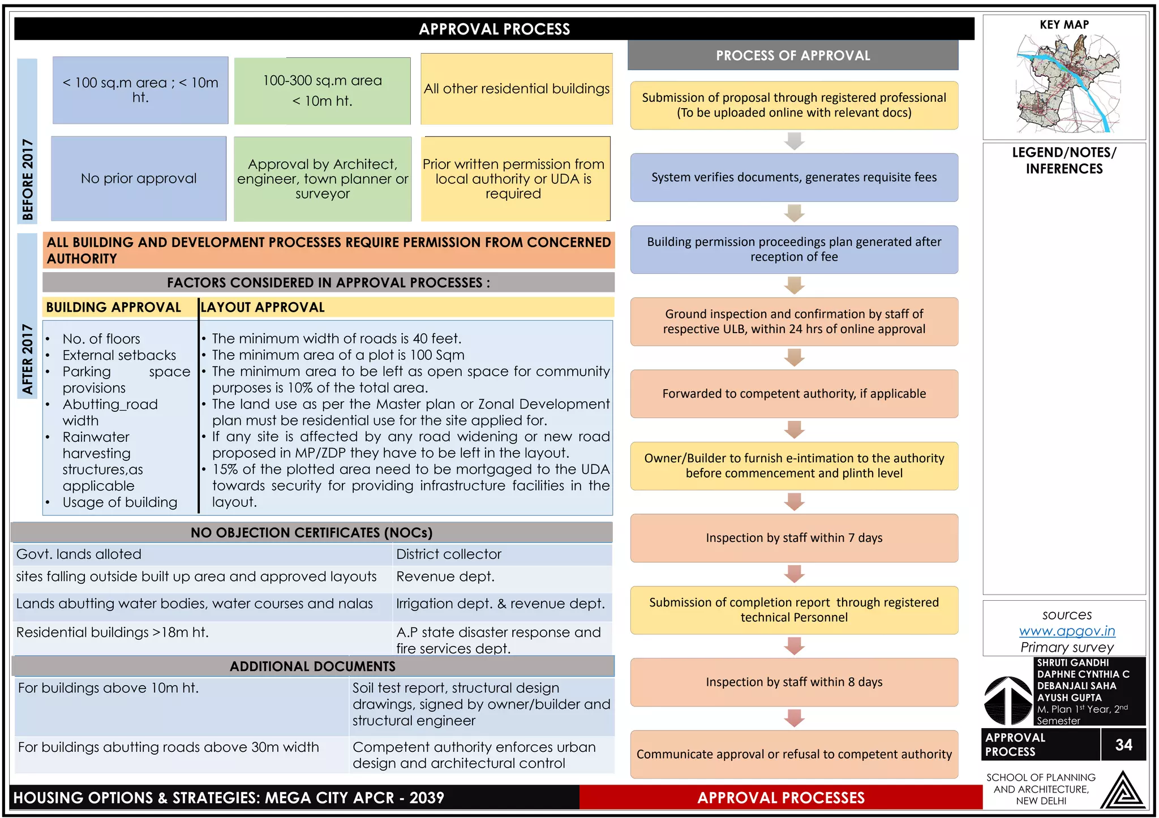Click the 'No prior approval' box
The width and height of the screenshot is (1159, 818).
pyautogui.click(x=139, y=178)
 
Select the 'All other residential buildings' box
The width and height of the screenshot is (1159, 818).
pyautogui.click(x=516, y=89)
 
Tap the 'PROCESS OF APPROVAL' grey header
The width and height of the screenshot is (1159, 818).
pyautogui.click(x=793, y=55)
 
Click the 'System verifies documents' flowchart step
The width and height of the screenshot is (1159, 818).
pyautogui.click(x=794, y=177)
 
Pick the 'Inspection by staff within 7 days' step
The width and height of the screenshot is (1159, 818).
pyautogui.click(x=794, y=537)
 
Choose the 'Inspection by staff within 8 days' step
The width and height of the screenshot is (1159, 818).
pyautogui.click(x=794, y=682)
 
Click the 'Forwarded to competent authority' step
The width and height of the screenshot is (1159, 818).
pyautogui.click(x=794, y=394)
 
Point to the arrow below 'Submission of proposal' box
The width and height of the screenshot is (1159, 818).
pyautogui.click(x=795, y=141)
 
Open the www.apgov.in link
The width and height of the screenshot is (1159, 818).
pyautogui.click(x=1067, y=631)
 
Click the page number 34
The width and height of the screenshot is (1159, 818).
pyautogui.click(x=1123, y=744)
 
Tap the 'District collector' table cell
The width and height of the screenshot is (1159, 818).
pyautogui.click(x=449, y=554)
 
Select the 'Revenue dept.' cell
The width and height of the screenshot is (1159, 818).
pyautogui.click(x=445, y=576)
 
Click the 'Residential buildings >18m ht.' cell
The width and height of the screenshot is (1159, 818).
pyautogui.click(x=113, y=632)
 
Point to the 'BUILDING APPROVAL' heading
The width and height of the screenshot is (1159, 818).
pyautogui.click(x=114, y=307)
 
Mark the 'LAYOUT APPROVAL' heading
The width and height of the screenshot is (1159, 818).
pyautogui.click(x=263, y=307)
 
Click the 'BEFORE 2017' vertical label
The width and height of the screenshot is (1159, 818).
pyautogui.click(x=28, y=179)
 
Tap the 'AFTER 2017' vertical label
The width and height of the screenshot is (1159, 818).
pyautogui.click(x=28, y=359)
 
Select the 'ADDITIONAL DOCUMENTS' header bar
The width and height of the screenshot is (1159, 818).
pyautogui.click(x=312, y=666)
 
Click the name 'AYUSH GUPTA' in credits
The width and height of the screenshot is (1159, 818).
pyautogui.click(x=1069, y=698)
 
